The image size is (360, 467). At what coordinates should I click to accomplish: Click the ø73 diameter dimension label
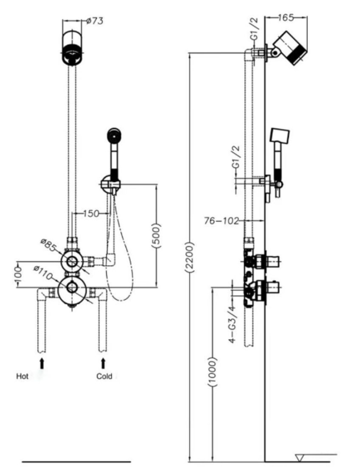[95, 21]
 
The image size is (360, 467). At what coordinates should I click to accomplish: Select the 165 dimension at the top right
[286, 17]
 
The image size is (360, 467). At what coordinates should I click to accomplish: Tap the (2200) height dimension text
[190, 257]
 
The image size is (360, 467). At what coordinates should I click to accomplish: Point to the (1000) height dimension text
[212, 372]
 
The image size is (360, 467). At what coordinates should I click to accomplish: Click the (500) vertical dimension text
[156, 235]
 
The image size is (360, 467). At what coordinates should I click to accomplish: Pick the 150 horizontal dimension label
[91, 214]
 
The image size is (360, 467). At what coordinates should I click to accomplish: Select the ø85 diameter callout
[48, 245]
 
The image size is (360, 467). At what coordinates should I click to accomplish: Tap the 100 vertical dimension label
[18, 275]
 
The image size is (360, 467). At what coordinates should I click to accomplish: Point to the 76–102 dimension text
[222, 221]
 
